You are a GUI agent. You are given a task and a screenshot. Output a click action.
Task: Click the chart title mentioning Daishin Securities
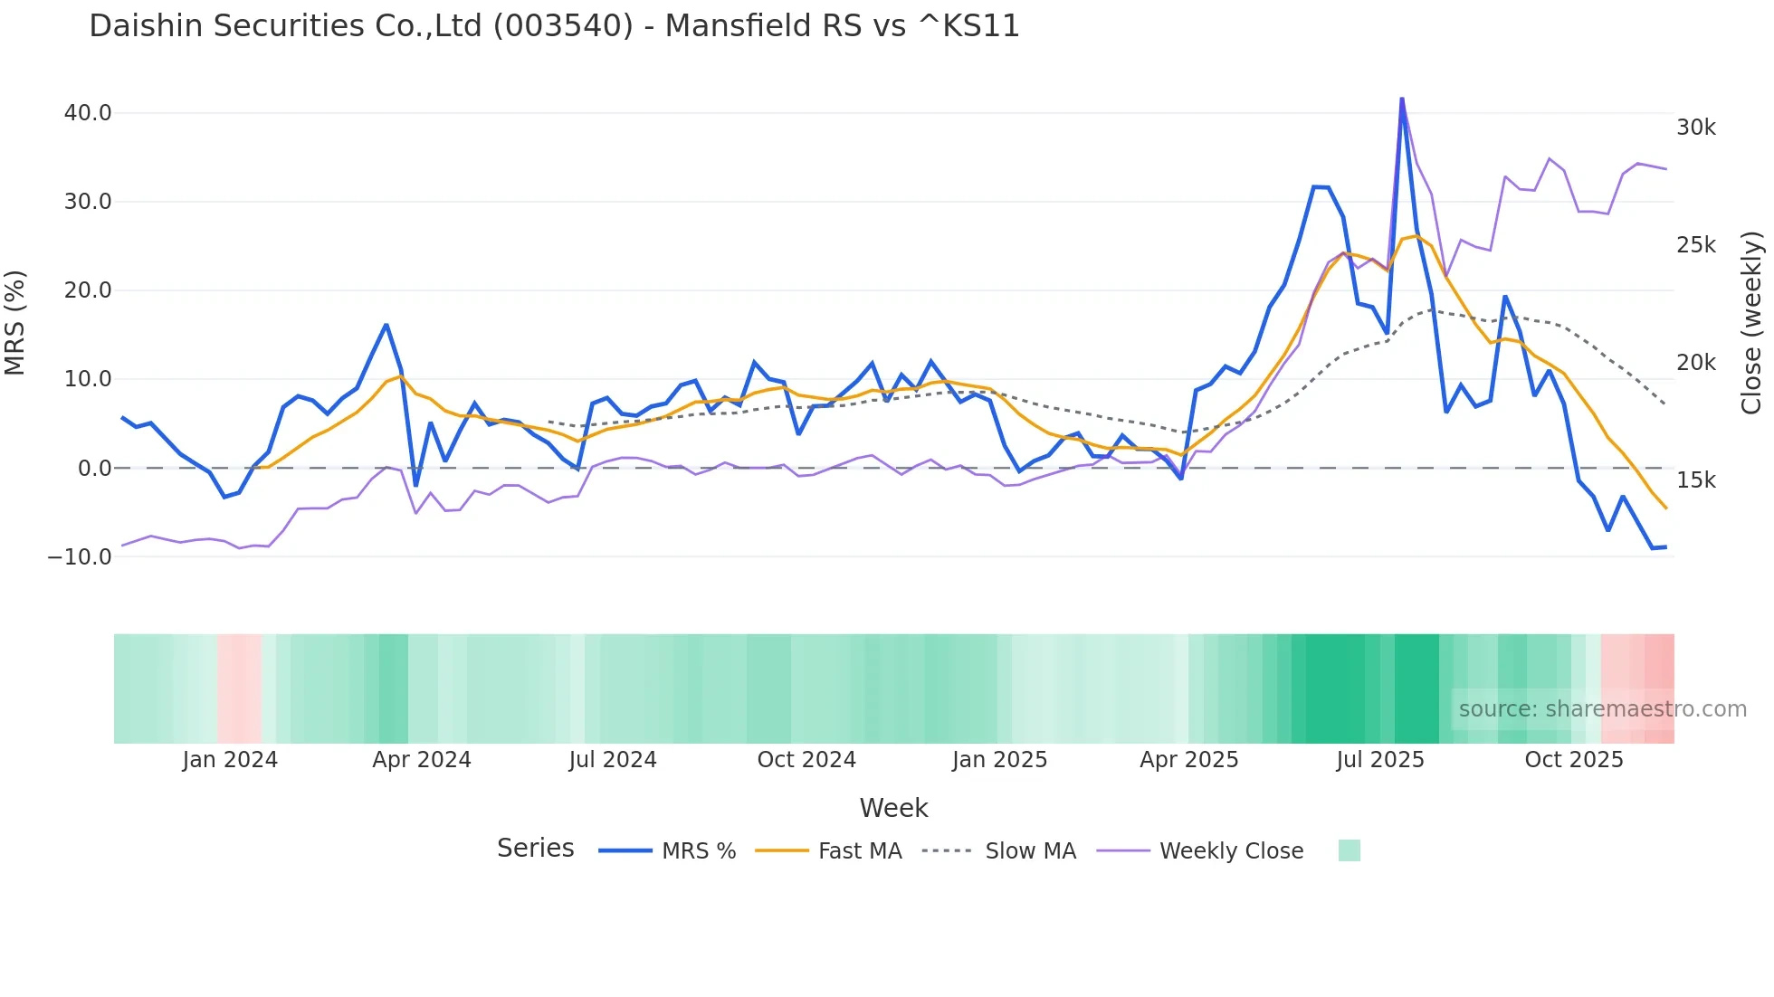pyautogui.click(x=554, y=26)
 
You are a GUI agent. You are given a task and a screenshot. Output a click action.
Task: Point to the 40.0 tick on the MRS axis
pyautogui.click(x=88, y=113)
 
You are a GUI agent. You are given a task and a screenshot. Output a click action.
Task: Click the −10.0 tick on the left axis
pyautogui.click(x=80, y=556)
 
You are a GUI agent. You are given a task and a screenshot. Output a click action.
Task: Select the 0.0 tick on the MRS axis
pyautogui.click(x=94, y=468)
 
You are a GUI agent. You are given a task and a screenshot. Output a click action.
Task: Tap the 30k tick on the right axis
pyautogui.click(x=1695, y=128)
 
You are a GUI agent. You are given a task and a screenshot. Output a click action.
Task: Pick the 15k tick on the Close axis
pyautogui.click(x=1695, y=480)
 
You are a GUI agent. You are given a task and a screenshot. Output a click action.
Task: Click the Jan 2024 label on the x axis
pyautogui.click(x=230, y=760)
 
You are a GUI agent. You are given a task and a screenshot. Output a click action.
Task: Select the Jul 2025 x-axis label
pyautogui.click(x=1379, y=760)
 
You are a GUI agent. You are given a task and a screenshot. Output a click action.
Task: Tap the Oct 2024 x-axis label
pyautogui.click(x=806, y=760)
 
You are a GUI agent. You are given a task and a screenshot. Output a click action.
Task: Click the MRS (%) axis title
pyautogui.click(x=15, y=322)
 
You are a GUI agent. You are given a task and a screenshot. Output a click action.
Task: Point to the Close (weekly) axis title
pyautogui.click(x=1752, y=322)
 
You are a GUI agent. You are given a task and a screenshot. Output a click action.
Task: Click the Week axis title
pyautogui.click(x=893, y=808)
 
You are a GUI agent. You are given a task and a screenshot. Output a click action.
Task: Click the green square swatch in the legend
pyautogui.click(x=1349, y=850)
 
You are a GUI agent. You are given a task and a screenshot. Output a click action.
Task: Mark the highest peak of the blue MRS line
pyautogui.click(x=1402, y=99)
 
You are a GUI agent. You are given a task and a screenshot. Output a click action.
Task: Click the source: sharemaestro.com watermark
pyautogui.click(x=1602, y=709)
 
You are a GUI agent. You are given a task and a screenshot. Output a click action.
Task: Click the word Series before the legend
pyautogui.click(x=535, y=849)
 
